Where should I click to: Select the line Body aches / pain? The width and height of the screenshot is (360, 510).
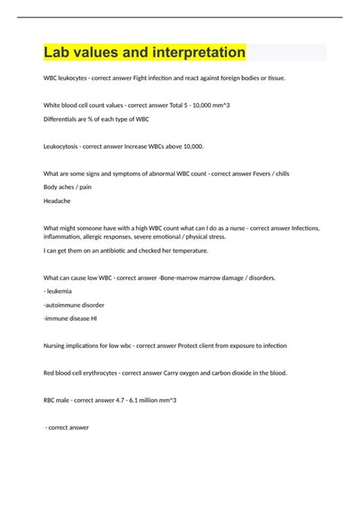pyautogui.click(x=68, y=187)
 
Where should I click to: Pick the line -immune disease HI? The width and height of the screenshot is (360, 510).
pyautogui.click(x=70, y=320)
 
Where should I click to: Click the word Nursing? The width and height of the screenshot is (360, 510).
pyautogui.click(x=58, y=346)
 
